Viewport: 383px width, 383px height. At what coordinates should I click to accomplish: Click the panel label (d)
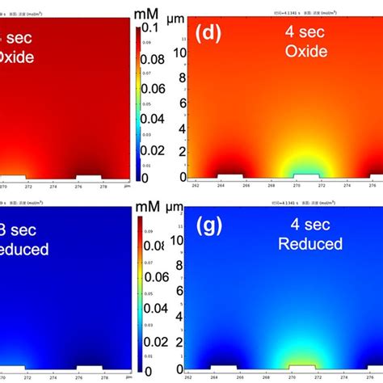(x=208, y=32)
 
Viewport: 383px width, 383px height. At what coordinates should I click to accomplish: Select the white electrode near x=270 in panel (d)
(x=304, y=175)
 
